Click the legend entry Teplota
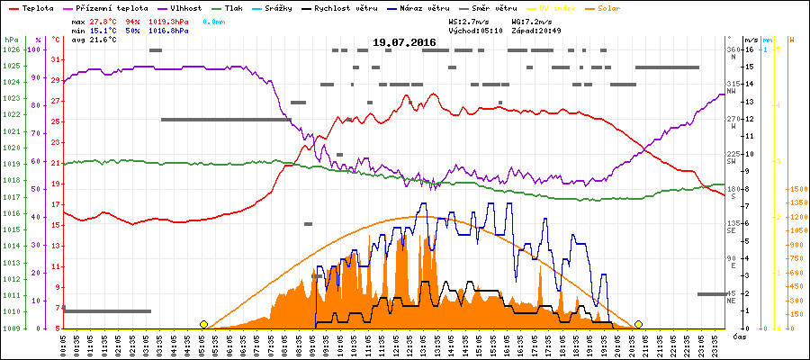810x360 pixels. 35,7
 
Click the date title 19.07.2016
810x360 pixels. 405,42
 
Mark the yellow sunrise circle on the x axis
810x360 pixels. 203,324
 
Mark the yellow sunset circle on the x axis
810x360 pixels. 638,324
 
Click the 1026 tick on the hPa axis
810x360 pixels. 11,49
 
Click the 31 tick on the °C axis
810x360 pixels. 56,59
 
